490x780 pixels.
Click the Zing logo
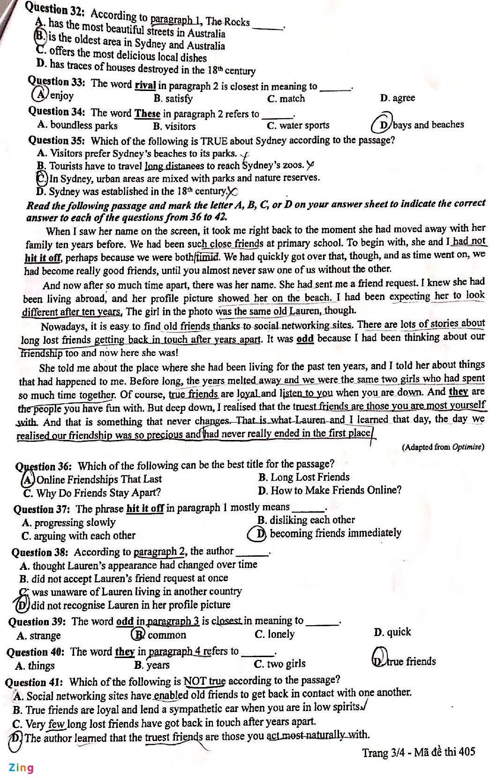coord(21,768)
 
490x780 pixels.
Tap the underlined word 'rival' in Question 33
coord(145,85)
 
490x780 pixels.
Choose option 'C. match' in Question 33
coord(286,98)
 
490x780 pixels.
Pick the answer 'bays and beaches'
coord(428,125)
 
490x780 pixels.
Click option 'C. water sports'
coord(298,126)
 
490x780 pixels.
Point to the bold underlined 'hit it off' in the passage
coord(43,257)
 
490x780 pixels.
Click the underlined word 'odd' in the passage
coord(305,338)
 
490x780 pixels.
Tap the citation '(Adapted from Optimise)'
coord(442,447)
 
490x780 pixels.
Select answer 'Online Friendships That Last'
coord(98,479)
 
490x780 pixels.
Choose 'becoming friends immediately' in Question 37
coord(335,533)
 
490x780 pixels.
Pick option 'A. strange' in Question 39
coord(38,636)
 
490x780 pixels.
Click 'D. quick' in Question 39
coord(392,632)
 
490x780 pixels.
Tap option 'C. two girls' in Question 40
coord(279,664)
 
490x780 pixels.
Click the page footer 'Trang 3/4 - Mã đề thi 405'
coord(418,752)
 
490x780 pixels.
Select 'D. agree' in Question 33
coord(398,98)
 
